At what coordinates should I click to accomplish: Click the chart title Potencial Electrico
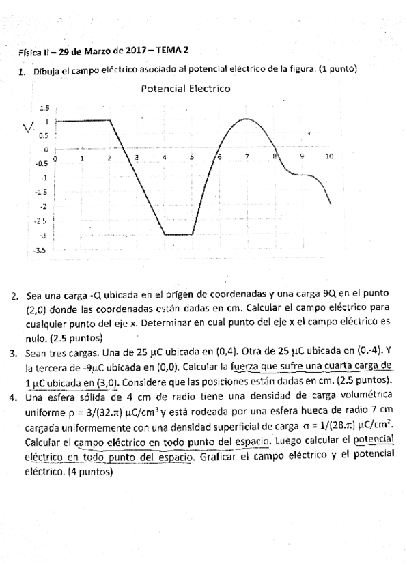[185, 89]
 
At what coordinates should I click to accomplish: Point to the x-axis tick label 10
[328, 157]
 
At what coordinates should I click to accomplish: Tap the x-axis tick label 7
[247, 157]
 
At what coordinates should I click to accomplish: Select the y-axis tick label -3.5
[40, 251]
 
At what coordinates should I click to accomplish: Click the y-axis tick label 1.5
[45, 108]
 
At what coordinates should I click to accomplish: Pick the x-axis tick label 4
[165, 157]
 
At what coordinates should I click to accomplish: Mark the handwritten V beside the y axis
[28, 128]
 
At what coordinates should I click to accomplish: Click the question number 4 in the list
[14, 395]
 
